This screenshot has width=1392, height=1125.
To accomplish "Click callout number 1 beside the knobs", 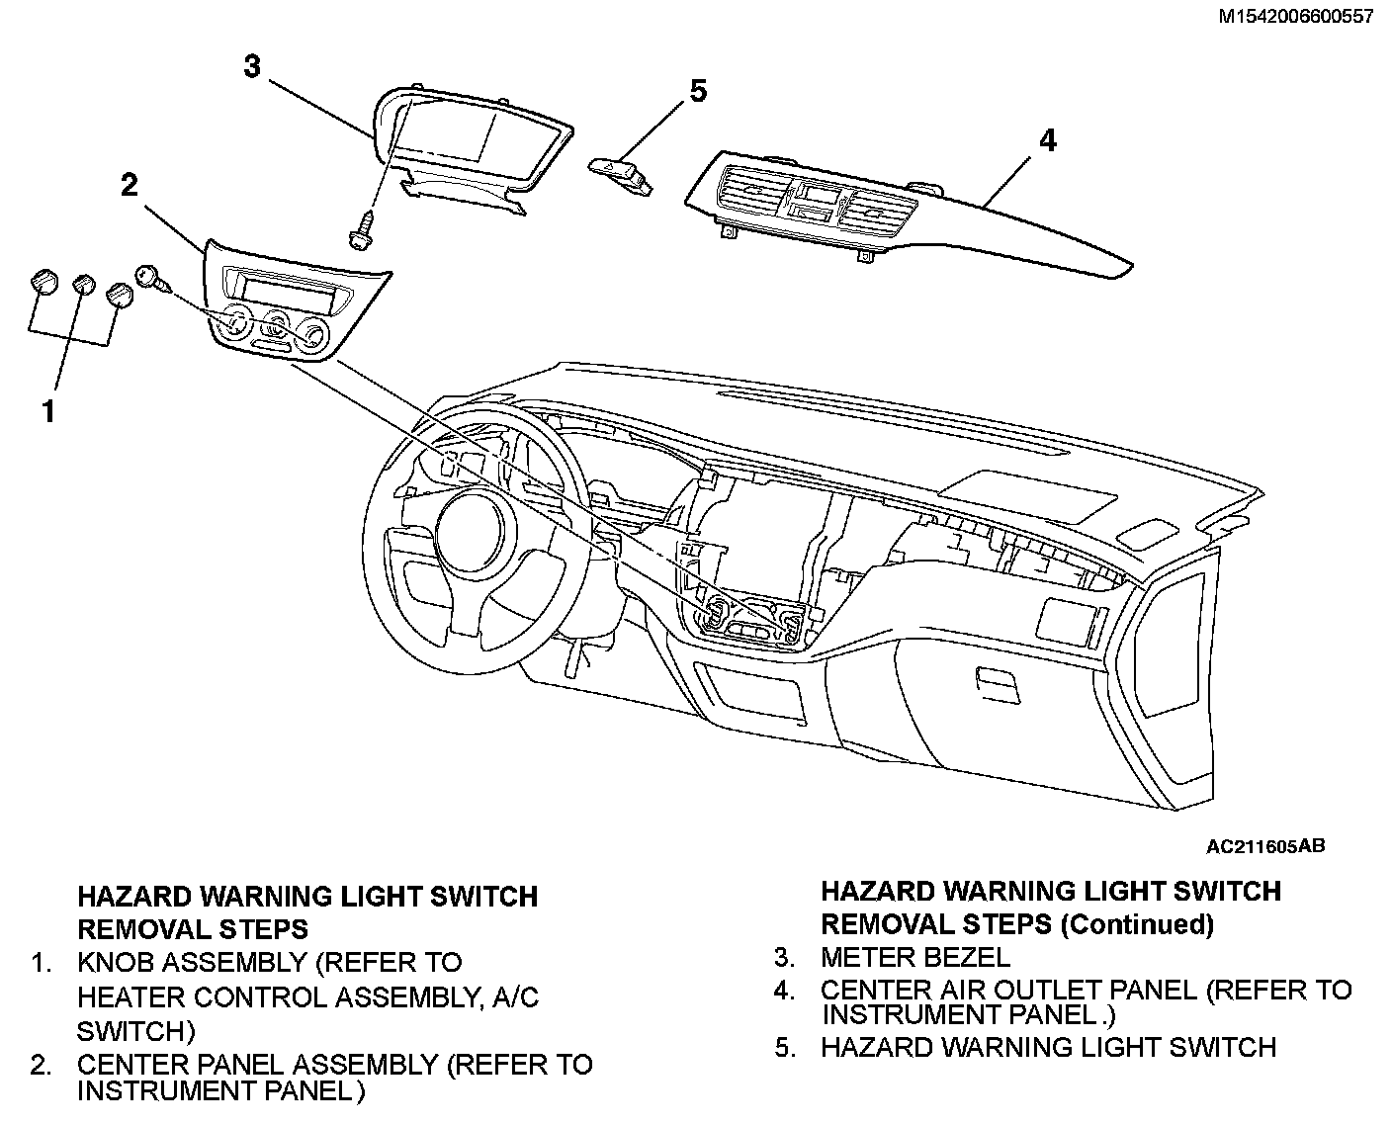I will pos(46,411).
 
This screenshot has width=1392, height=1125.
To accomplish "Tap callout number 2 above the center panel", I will pos(130,185).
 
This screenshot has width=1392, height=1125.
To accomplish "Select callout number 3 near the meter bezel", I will pos(252,66).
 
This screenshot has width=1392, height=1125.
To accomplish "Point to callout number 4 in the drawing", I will pos(1047,140).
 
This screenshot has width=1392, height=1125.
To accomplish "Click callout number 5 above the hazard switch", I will pos(698,91).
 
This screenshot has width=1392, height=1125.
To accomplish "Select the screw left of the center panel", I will pos(150,277).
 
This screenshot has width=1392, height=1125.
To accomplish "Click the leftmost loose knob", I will pos(43,282).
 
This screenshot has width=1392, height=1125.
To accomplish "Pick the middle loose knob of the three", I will pos(83,285).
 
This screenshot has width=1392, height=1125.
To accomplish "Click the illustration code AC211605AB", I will pos(1264,846).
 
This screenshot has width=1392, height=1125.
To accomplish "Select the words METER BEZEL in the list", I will pos(914,957).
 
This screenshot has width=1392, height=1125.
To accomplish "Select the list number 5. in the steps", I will pos(785,1047).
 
